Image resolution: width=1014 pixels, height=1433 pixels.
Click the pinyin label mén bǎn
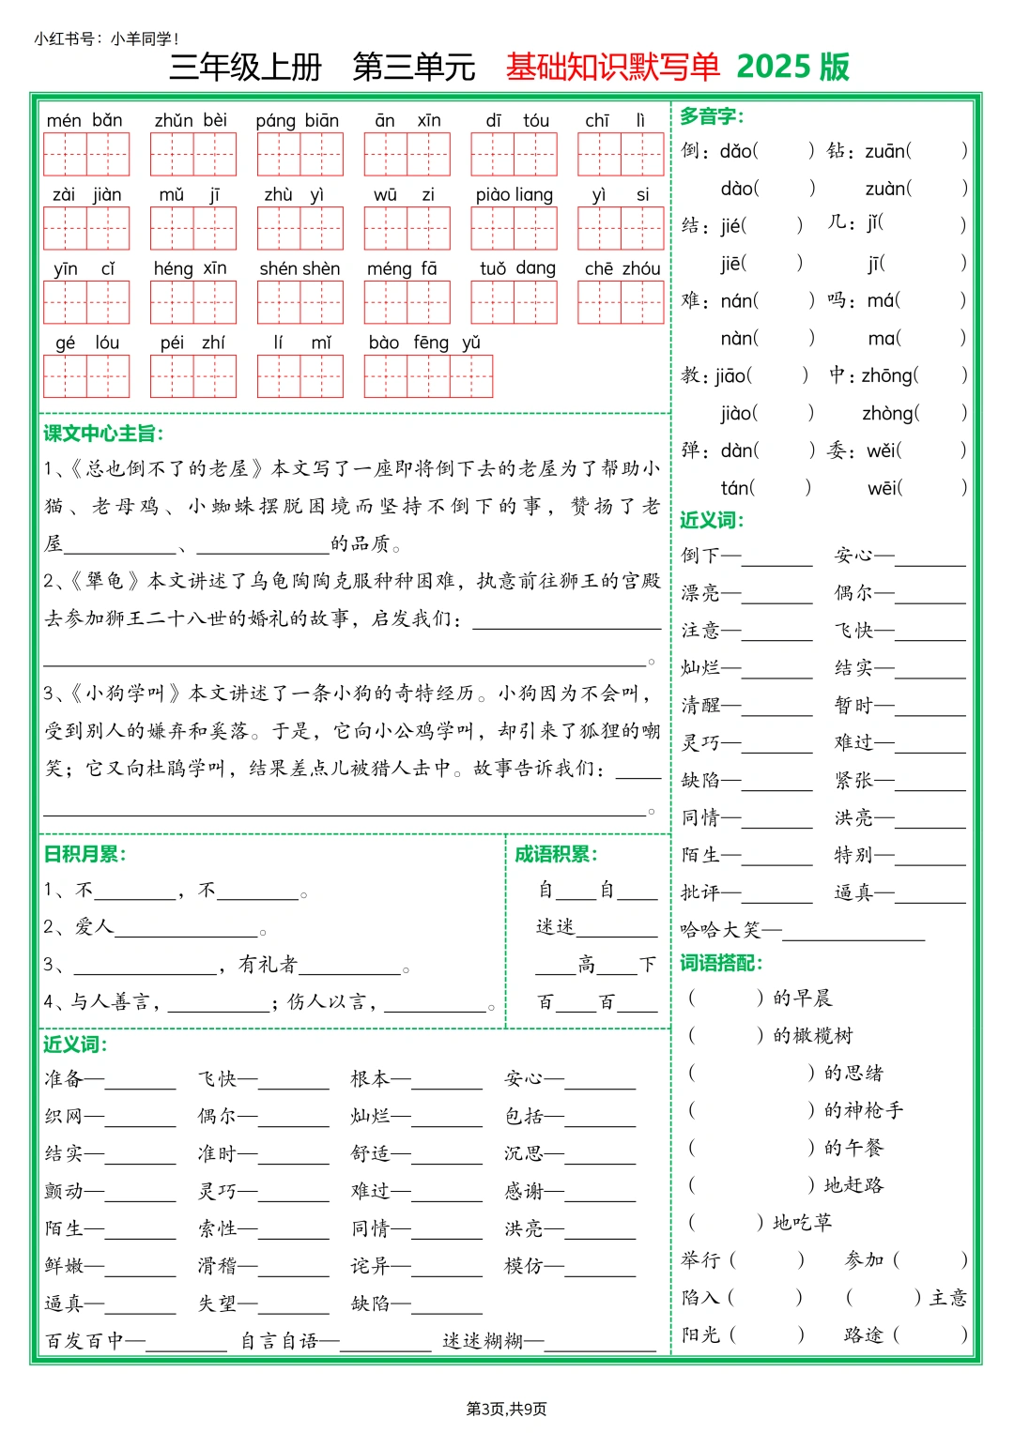click(x=84, y=120)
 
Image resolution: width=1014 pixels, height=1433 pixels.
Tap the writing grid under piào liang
click(x=514, y=228)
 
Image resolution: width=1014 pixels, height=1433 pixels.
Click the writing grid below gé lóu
click(x=85, y=376)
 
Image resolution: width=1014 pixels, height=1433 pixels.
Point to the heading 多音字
click(x=712, y=116)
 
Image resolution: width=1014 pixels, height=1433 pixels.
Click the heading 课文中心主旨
click(x=103, y=434)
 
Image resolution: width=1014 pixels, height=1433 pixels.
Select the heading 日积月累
click(x=84, y=854)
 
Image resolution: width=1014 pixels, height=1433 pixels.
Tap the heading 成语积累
click(x=556, y=854)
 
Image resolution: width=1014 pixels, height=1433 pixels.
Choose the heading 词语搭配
click(x=721, y=963)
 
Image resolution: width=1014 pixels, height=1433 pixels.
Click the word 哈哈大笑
click(x=720, y=930)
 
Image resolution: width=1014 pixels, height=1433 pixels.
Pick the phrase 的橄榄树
click(x=813, y=1036)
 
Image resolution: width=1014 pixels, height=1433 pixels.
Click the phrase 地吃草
click(x=802, y=1223)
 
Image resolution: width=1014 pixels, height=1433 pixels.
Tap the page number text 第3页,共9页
click(x=506, y=1409)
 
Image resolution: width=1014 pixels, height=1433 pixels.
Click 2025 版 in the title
click(x=792, y=67)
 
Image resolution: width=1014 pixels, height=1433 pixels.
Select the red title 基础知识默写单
click(x=612, y=67)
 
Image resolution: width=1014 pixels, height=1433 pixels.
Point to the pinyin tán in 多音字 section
click(x=736, y=488)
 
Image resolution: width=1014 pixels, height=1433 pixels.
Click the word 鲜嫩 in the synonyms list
click(x=64, y=1266)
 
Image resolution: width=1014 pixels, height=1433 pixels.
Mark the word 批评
click(x=700, y=892)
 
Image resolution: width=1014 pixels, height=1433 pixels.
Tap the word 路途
click(x=864, y=1334)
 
